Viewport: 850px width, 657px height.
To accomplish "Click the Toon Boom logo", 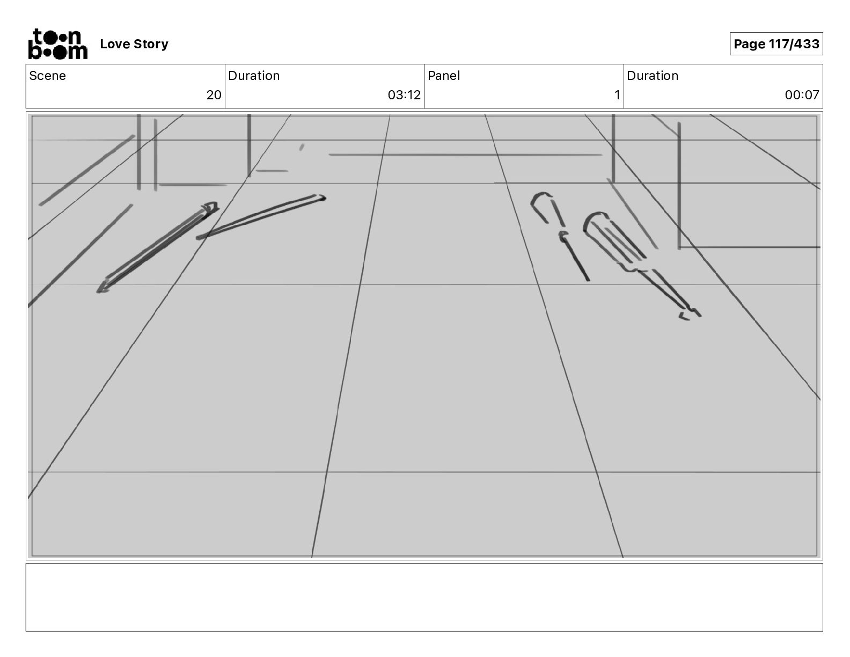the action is point(57,44).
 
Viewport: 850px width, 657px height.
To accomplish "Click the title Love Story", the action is point(134,44).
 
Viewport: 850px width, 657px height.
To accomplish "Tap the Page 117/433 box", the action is point(776,44).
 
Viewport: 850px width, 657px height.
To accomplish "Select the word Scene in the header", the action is point(47,76).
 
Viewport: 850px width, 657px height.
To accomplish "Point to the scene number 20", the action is point(214,95).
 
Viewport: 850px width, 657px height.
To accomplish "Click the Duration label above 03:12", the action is point(254,76).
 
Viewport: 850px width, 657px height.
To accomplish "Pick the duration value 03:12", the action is point(404,95).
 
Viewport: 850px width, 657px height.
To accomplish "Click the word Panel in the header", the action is point(444,76).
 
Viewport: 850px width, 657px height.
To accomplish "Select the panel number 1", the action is point(617,95).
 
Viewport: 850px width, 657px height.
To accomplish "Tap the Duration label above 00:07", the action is point(653,76).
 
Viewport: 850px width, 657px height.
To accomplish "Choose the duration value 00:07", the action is point(802,95).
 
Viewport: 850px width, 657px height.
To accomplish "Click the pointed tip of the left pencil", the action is point(100,290).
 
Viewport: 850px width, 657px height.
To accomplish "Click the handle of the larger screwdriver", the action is point(612,236).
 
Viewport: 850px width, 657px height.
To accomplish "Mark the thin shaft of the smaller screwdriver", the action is point(577,261).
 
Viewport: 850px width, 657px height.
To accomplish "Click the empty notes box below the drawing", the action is point(424,597).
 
